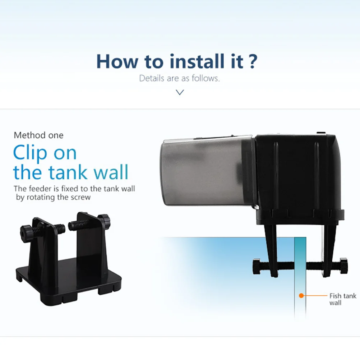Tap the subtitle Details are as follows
(179, 78)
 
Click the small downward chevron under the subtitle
(180, 92)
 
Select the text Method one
(38, 135)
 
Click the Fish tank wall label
(342, 299)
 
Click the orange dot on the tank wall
(301, 296)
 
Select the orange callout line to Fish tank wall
(314, 296)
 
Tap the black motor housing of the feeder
(298, 172)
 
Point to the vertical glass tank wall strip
(300, 280)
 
